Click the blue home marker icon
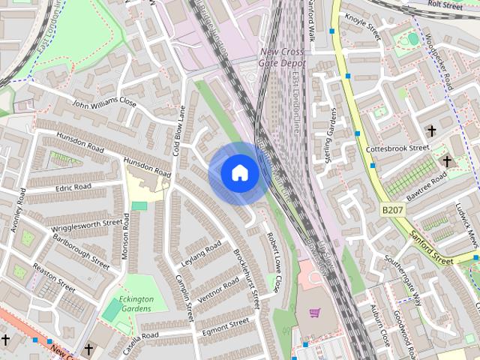239,172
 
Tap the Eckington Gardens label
138,303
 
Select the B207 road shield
391,211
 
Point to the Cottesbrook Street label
397,148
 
